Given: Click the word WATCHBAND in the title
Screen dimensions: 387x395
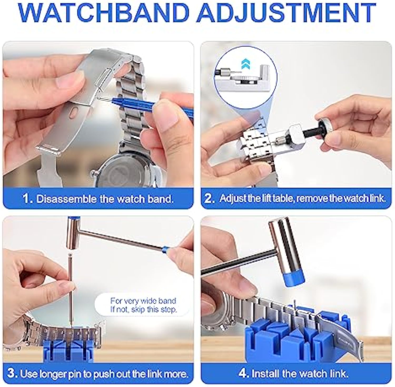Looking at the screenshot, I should (x=104, y=13).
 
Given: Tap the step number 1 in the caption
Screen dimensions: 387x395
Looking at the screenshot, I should (x=27, y=199).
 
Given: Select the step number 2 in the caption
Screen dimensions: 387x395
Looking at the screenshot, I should (x=209, y=199).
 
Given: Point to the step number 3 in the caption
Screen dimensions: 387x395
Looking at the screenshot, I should (x=13, y=373).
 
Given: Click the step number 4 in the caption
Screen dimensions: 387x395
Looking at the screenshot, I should (x=243, y=373).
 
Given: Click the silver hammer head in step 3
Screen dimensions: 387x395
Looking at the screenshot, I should (x=73, y=234).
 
